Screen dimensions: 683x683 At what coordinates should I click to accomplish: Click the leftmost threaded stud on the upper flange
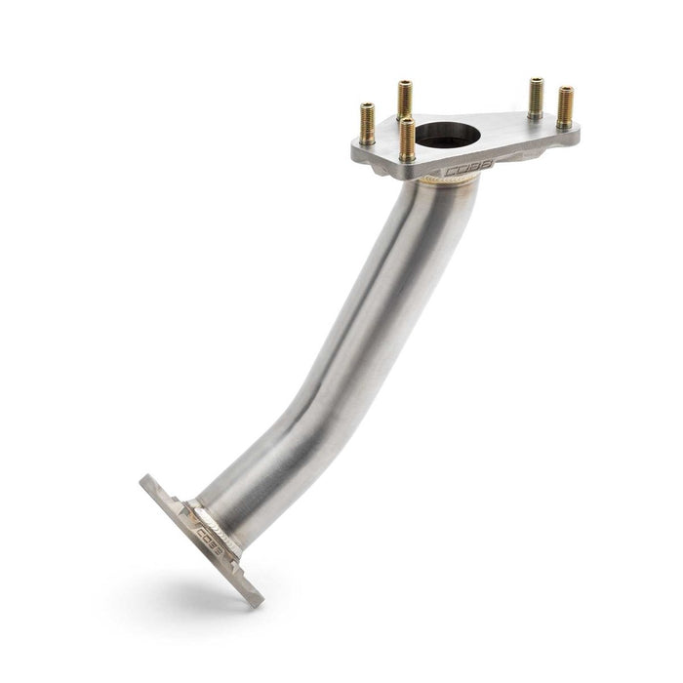point(367,123)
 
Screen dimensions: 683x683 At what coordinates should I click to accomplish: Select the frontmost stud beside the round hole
point(408,139)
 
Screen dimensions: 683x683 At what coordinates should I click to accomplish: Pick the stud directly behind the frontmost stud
point(404,100)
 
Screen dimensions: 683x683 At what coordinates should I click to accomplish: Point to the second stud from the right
point(536,98)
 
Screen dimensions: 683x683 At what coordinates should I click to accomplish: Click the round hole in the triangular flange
point(456,131)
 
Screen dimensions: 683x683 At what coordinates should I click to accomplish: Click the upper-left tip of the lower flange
point(146,480)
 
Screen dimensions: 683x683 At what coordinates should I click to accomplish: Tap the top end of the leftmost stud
point(367,104)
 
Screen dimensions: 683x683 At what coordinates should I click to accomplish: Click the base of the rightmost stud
point(565,125)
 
